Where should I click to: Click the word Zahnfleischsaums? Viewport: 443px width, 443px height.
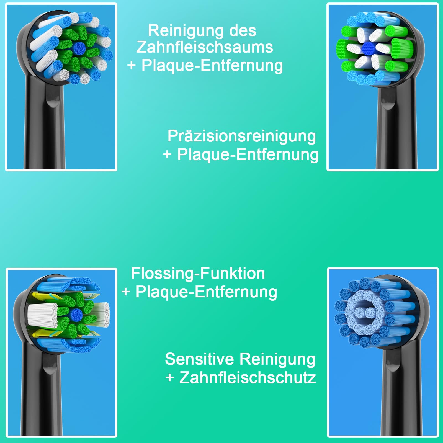click(205, 47)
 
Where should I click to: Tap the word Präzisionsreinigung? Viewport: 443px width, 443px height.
click(242, 136)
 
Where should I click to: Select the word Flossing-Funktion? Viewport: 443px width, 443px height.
click(198, 274)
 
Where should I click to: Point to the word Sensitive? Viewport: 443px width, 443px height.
click(199, 359)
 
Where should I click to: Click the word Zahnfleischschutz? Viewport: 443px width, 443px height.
click(248, 378)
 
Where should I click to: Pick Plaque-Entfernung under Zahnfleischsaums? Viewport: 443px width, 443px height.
click(212, 66)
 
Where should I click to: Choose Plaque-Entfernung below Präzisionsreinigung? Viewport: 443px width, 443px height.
click(248, 154)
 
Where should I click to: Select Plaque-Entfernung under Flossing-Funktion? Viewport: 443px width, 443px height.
click(206, 292)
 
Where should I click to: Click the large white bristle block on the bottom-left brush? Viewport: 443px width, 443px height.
click(42, 315)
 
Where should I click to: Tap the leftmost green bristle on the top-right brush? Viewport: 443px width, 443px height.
click(345, 49)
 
